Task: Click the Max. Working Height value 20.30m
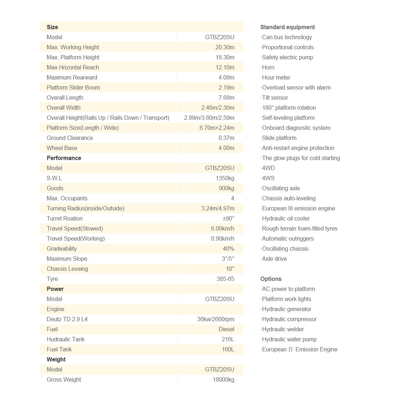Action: [x=225, y=47]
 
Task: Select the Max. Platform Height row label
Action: [x=73, y=57]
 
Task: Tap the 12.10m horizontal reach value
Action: [x=225, y=67]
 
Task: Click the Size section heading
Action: [x=52, y=27]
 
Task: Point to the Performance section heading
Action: [x=64, y=158]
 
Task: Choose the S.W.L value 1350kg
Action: [x=225, y=178]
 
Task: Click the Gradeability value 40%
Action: [x=228, y=249]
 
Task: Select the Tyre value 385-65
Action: [x=225, y=279]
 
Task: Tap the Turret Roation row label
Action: [x=65, y=218]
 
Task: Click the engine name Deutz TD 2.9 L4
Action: [x=67, y=319]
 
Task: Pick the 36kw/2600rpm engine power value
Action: [x=216, y=319]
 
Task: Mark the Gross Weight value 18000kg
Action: [x=223, y=379]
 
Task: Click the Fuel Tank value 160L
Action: [x=228, y=349]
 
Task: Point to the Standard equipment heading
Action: [x=288, y=27]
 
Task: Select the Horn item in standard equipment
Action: [x=268, y=67]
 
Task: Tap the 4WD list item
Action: [x=268, y=168]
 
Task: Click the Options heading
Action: [x=271, y=279]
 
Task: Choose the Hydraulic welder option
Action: [x=283, y=329]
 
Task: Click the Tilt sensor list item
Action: [x=275, y=97]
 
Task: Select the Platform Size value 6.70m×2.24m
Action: [x=217, y=128]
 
